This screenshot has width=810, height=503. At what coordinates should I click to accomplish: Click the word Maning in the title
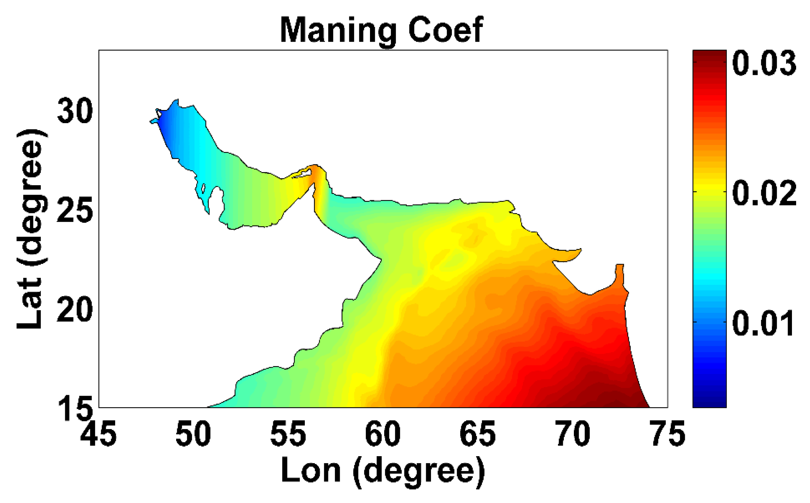(338, 30)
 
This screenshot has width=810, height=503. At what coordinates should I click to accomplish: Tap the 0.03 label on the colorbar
(764, 63)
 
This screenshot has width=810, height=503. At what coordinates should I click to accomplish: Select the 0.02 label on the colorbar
(764, 193)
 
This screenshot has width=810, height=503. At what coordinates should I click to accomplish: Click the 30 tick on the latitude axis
(75, 111)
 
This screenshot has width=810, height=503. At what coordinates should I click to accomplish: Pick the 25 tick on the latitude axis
(75, 210)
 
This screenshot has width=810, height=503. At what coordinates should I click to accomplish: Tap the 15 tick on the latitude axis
(75, 409)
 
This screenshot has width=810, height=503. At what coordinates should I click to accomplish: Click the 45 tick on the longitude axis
(98, 434)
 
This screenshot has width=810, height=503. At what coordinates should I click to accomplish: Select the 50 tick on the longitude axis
(193, 434)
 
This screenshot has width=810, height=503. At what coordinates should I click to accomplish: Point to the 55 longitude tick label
(288, 434)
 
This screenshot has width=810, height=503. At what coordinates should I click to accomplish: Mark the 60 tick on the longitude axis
(383, 434)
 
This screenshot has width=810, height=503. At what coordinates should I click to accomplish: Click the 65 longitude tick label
(477, 434)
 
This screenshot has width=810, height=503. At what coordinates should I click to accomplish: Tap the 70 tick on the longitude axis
(572, 434)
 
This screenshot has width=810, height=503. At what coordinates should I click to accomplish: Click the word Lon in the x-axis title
(310, 471)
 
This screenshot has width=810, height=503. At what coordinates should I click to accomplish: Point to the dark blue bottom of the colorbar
(709, 399)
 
